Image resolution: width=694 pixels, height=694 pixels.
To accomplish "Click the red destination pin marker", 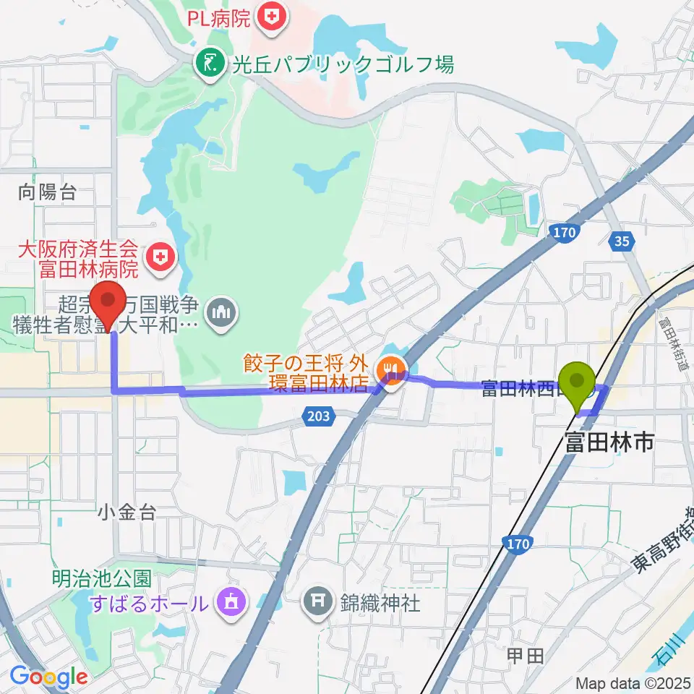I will click(108, 305).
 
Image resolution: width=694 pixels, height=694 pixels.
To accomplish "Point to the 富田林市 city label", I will click(609, 442).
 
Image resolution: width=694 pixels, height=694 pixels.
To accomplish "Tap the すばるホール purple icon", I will click(231, 601).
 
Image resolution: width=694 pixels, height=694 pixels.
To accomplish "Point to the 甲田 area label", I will click(524, 656).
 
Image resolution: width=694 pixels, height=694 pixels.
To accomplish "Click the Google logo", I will click(48, 677).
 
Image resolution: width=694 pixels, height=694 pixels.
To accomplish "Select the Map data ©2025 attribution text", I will click(634, 683).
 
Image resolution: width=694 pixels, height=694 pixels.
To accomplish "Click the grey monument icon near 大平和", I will click(218, 313).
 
